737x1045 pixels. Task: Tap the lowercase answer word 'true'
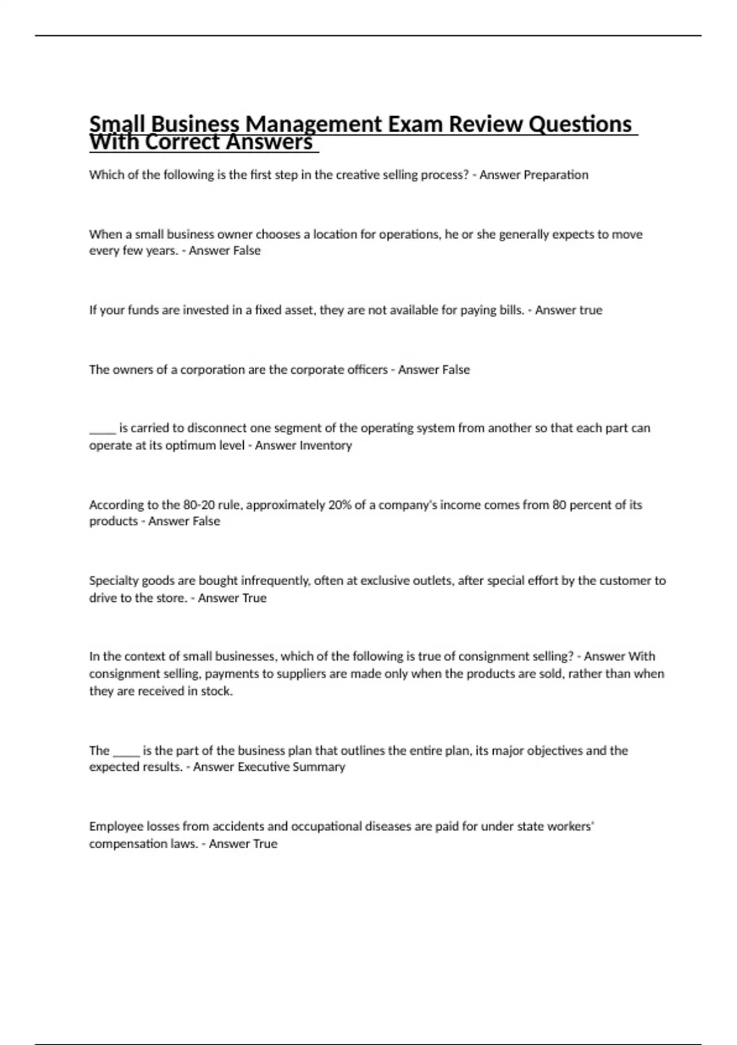point(590,310)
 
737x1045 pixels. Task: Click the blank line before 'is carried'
point(102,430)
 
